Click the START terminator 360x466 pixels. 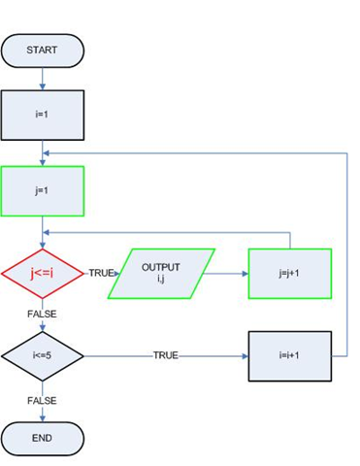coord(43,50)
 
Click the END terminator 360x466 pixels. coord(43,438)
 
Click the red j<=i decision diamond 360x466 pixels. coord(43,273)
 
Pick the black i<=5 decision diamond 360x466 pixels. coord(43,355)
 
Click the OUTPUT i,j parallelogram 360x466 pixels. coord(160,273)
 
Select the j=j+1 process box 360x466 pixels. coord(290,273)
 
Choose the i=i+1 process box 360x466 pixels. coord(290,355)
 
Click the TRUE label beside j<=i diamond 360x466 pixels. coord(101,273)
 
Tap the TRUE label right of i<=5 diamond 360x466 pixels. coord(165,355)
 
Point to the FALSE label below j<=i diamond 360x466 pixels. coord(43,314)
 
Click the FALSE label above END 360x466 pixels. coord(43,400)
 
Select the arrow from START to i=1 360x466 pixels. coord(43,79)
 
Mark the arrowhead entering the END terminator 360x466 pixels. coord(43,417)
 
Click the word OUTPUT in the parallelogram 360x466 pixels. coord(160,267)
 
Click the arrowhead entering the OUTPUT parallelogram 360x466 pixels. coord(117,273)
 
